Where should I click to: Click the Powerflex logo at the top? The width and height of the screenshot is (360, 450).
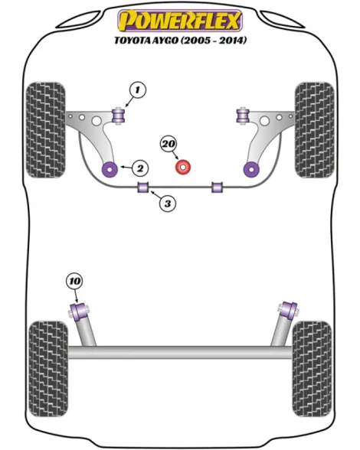[x=180, y=21]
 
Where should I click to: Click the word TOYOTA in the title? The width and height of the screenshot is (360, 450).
[x=133, y=41]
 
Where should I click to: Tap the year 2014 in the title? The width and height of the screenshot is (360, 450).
[x=233, y=40]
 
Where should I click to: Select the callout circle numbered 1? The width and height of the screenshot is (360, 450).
[x=138, y=90]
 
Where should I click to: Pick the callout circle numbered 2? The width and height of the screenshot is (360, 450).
[x=140, y=168]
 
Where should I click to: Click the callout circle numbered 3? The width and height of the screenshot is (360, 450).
[x=168, y=204]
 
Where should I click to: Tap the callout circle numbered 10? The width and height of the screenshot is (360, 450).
[x=74, y=282]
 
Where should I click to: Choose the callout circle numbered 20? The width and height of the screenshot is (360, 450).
[x=169, y=144]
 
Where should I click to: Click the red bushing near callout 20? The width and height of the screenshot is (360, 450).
[x=183, y=168]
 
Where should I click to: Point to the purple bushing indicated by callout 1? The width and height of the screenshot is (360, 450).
[x=118, y=115]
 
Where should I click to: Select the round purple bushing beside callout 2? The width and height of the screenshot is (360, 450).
[x=110, y=169]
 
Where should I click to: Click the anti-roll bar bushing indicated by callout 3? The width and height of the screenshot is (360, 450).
[x=142, y=187]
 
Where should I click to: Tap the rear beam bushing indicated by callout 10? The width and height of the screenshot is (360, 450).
[x=80, y=311]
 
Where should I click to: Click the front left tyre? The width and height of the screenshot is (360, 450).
[x=46, y=130]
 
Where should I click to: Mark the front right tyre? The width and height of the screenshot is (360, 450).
[x=315, y=130]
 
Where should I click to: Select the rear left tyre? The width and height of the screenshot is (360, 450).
[x=48, y=369]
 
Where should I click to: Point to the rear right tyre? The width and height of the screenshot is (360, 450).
[x=312, y=369]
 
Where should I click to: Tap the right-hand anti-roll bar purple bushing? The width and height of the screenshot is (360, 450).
[x=218, y=187]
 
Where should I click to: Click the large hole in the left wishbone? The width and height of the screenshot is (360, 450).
[x=97, y=120]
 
